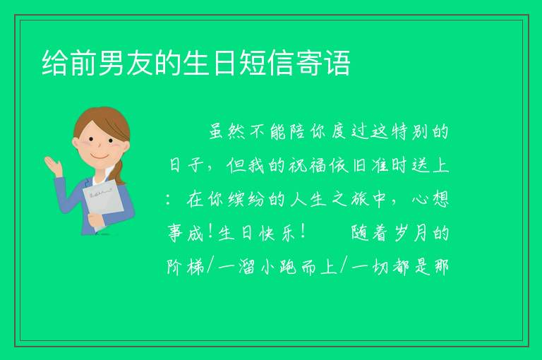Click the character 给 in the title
point(55,63)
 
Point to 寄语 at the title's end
point(323,63)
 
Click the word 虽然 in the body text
point(227,131)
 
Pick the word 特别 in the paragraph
point(410,131)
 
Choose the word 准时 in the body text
point(390,165)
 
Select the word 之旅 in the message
point(349,199)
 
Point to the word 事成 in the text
point(186,233)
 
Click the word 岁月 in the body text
point(410,233)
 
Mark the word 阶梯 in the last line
point(186,267)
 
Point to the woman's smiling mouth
point(100,156)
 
